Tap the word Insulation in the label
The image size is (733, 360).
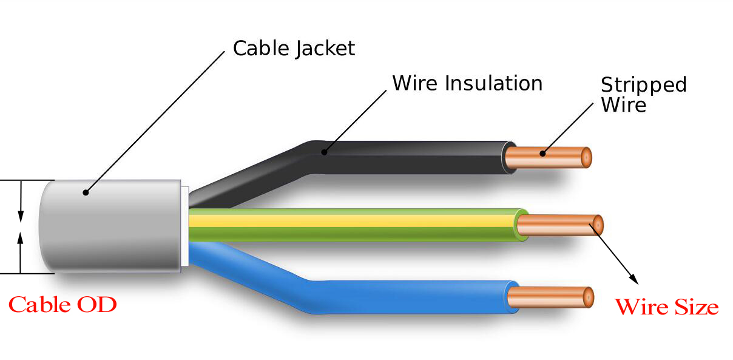pos(494,83)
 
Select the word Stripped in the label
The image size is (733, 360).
pos(643,85)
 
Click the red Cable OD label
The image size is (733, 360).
pos(62,304)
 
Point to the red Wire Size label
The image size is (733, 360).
pos(666,307)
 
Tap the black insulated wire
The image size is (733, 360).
pos(413,156)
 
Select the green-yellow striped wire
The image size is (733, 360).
pos(352,225)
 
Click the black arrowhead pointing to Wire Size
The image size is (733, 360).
pos(633,279)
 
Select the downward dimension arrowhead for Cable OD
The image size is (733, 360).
pos(21,216)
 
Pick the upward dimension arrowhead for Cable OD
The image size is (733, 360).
pos(21,237)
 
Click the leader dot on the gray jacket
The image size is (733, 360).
pos(86,193)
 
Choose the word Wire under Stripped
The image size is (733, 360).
pos(623,104)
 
